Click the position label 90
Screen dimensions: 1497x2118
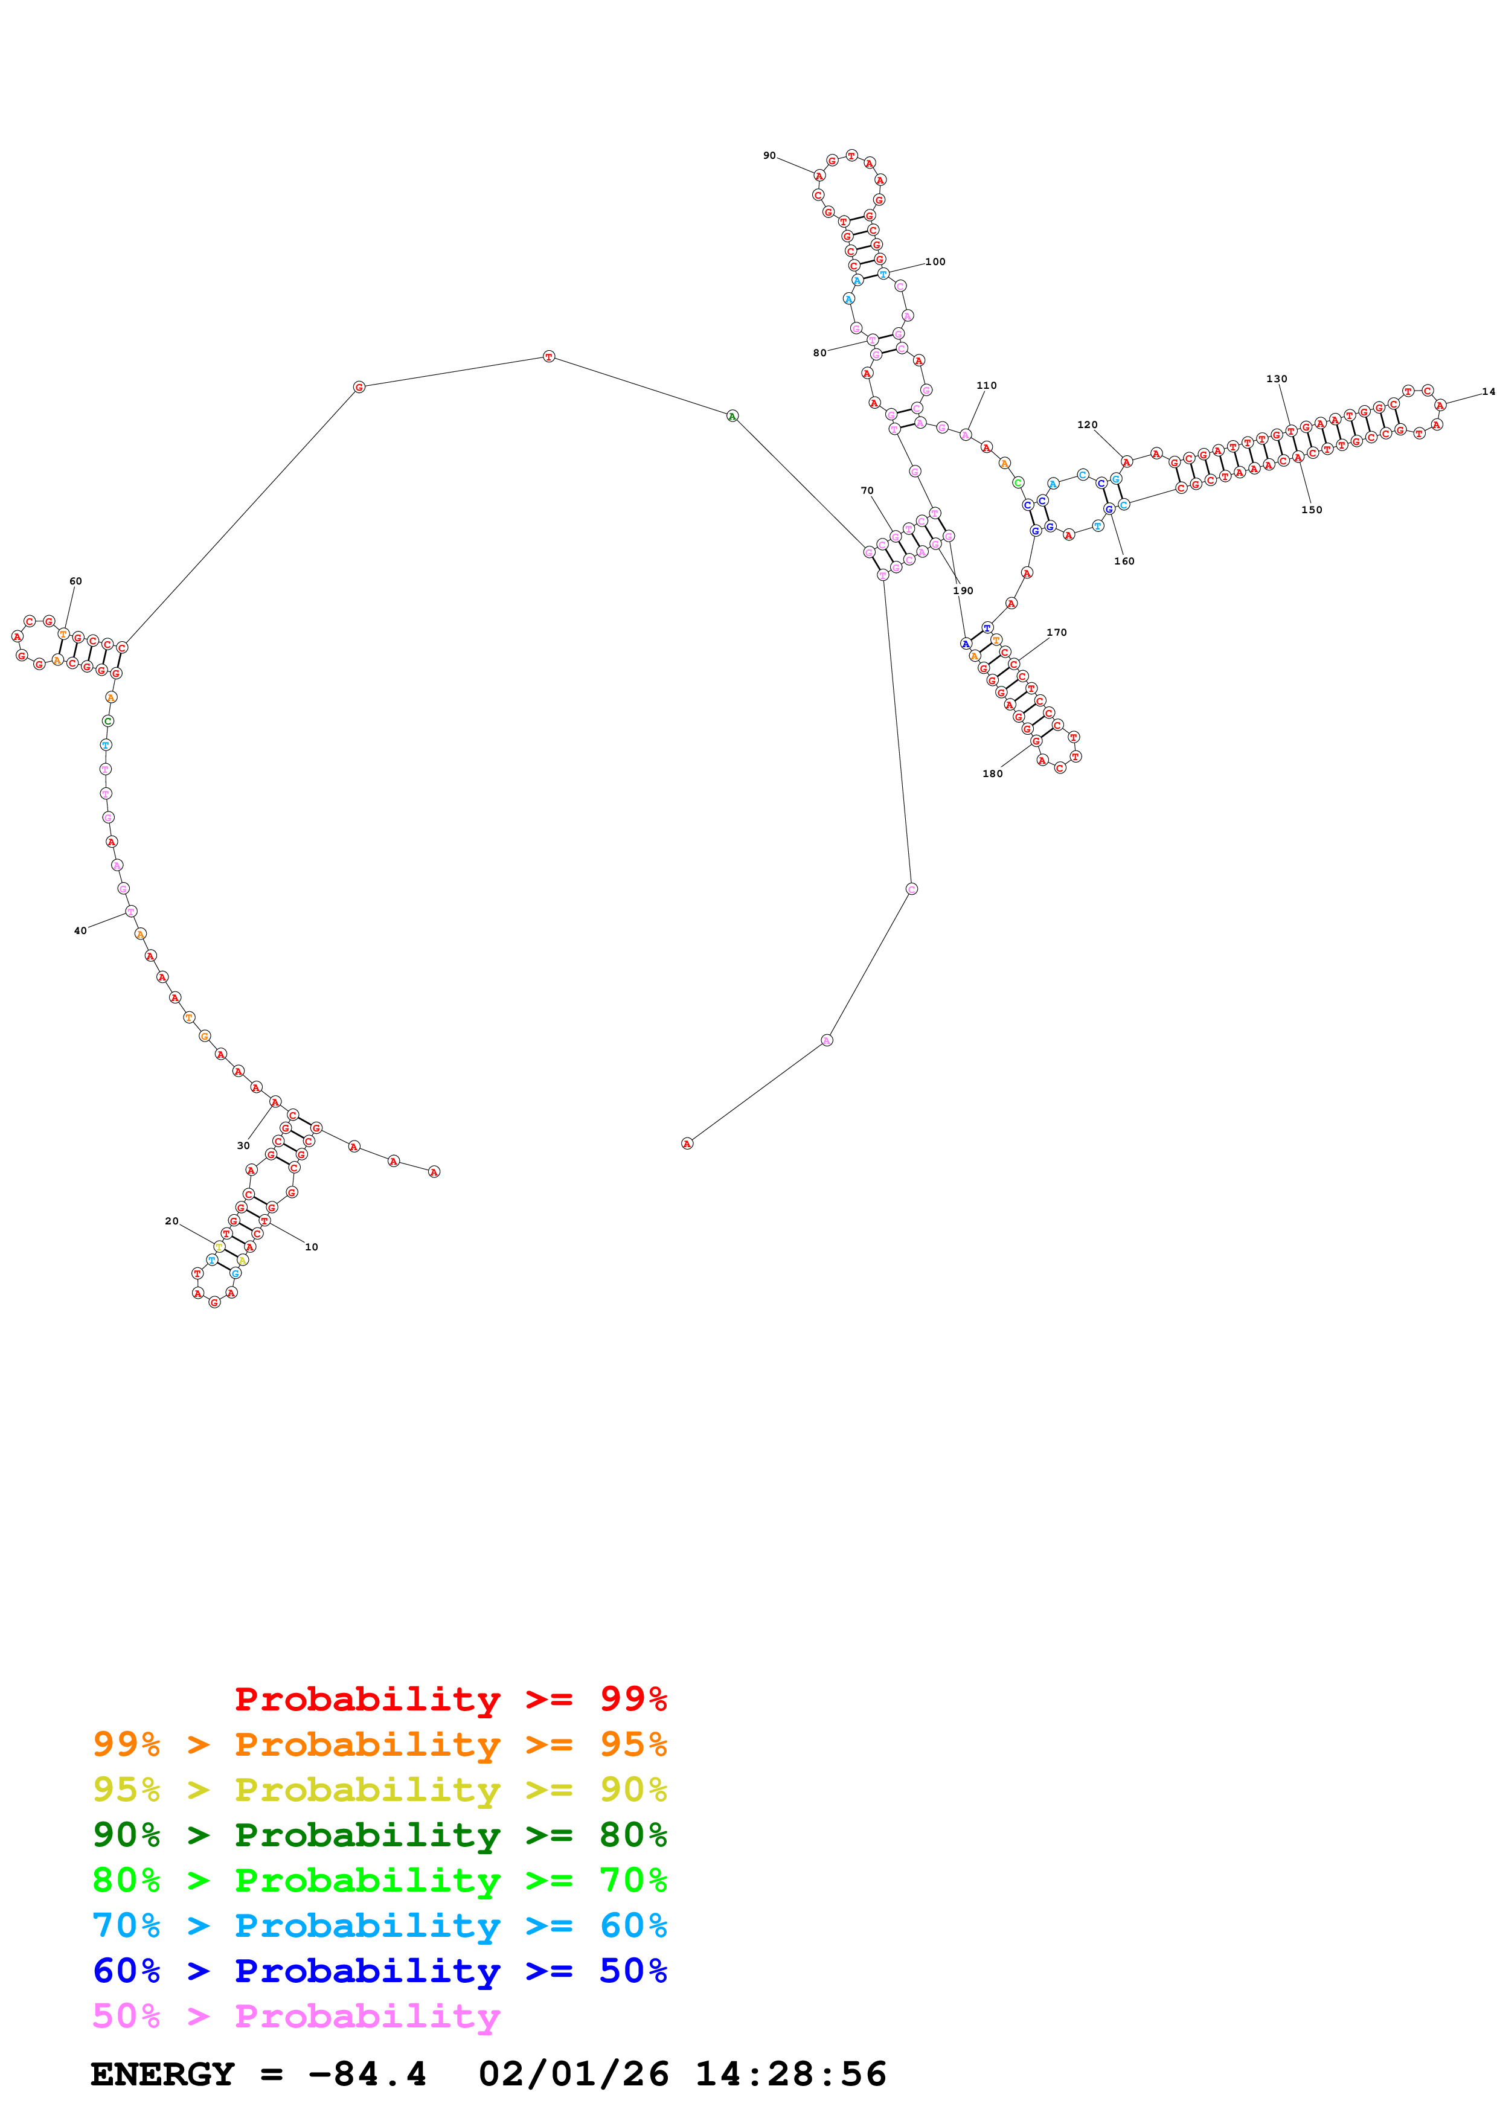[x=769, y=156]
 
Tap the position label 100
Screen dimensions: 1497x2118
[x=935, y=262]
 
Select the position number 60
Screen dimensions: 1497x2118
[x=75, y=581]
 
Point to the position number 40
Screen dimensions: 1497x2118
[x=80, y=931]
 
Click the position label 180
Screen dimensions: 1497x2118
[x=993, y=774]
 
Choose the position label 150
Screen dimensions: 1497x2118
[x=1312, y=510]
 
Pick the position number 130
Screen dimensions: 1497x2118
[x=1277, y=379]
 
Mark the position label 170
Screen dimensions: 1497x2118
[x=1057, y=633]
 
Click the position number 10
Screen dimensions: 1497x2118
[x=312, y=1247]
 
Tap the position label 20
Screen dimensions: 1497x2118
[x=171, y=1221]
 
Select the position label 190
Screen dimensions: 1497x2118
[x=963, y=590]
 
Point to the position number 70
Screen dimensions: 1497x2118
[x=867, y=491]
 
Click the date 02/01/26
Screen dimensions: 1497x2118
[x=574, y=2075]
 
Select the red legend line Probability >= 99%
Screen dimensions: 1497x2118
[x=450, y=1699]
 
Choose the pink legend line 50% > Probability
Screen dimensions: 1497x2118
[x=297, y=2017]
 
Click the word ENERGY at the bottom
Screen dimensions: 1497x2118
[x=162, y=2075]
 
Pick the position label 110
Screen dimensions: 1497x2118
[x=987, y=386]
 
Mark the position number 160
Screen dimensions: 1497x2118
[x=1124, y=561]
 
